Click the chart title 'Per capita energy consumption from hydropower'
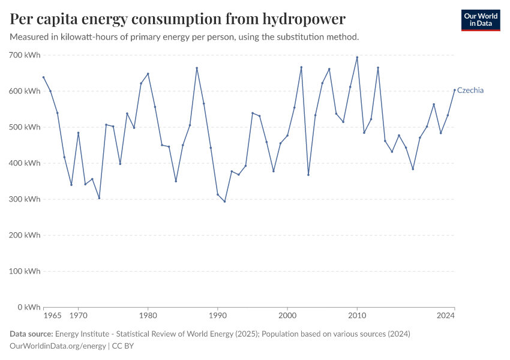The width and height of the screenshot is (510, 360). point(178,19)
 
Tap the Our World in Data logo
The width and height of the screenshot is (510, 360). point(480,20)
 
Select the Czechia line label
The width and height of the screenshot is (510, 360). point(470,91)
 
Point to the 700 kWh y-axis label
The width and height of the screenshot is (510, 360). point(25,55)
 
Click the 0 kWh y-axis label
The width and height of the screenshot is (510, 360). point(28,307)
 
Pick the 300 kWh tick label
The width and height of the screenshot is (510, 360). point(25,199)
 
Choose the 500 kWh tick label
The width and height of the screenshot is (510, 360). point(25,127)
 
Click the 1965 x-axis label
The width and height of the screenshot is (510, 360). point(53,316)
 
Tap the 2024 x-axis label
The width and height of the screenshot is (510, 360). point(446,316)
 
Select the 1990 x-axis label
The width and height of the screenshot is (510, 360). point(218,316)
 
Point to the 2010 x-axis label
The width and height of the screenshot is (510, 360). point(357,316)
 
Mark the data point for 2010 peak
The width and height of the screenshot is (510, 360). point(357,58)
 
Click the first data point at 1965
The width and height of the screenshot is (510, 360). point(44,77)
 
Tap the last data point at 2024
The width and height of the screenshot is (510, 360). point(454,90)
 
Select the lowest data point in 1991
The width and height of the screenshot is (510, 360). point(225,201)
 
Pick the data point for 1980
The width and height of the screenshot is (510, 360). point(148,74)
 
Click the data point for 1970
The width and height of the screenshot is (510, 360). point(79,133)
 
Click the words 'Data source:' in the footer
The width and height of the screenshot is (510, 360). point(31,334)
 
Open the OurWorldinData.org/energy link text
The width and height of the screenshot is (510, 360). point(58,346)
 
